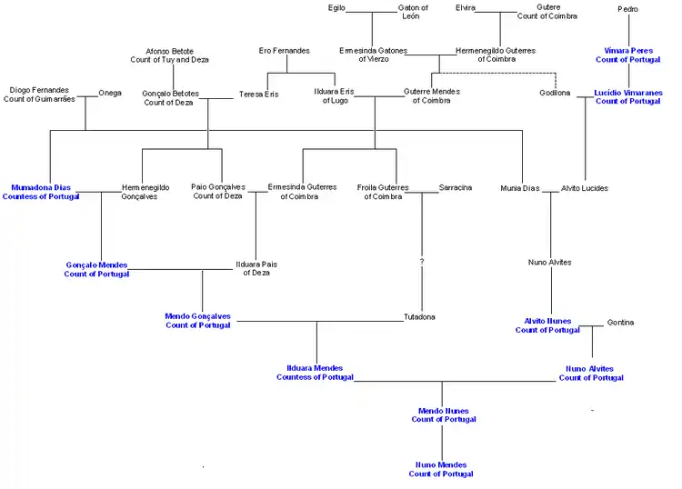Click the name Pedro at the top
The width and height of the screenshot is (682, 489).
click(627, 9)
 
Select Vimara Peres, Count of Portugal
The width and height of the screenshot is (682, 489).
click(628, 55)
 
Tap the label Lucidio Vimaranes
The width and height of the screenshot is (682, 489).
click(628, 97)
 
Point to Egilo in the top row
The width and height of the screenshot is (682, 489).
click(336, 8)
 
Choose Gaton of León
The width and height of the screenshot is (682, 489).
click(413, 12)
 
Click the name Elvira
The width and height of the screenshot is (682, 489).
click(465, 8)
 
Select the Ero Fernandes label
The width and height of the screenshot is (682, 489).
click(284, 51)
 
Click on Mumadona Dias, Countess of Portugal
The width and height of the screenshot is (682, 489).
click(41, 192)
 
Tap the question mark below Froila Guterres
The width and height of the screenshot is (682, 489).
click(421, 262)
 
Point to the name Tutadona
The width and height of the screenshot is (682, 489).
click(419, 317)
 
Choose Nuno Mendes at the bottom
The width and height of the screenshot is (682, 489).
click(441, 469)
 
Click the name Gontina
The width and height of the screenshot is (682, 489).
click(620, 323)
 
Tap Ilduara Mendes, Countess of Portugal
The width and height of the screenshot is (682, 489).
click(315, 373)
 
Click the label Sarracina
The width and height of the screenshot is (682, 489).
click(456, 188)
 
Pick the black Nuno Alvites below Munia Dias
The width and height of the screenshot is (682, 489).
click(549, 263)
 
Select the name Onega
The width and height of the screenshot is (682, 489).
click(110, 93)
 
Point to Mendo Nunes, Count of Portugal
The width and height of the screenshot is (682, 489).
click(443, 415)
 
